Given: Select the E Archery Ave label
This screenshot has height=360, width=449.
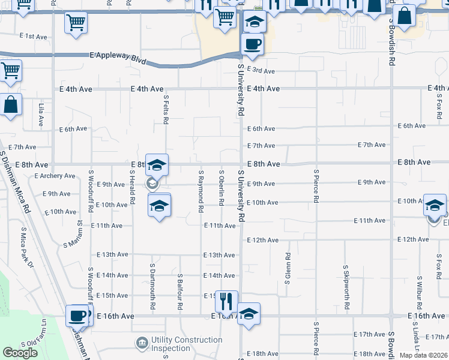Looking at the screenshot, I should [55, 176].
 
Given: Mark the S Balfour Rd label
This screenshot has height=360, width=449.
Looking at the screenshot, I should [179, 292].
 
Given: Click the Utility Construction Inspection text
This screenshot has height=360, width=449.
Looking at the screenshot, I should [186, 344].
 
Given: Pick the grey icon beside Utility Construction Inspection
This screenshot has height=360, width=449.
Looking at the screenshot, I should [141, 343].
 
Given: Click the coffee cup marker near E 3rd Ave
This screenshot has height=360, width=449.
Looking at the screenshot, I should [252, 44].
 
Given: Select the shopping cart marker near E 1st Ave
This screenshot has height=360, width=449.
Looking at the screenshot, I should [76, 23].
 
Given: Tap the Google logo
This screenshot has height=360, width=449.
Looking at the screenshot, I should [20, 353].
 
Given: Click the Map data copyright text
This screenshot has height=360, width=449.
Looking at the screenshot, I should [424, 355].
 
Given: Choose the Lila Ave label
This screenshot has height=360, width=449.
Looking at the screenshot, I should [41, 115].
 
